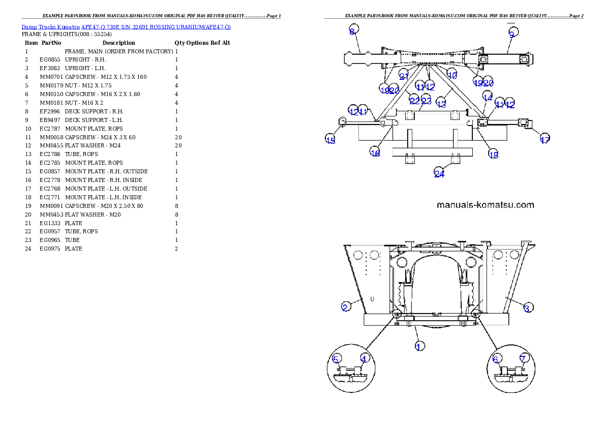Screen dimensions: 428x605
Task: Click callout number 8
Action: click(x=352, y=32)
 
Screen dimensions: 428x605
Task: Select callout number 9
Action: click(x=511, y=34)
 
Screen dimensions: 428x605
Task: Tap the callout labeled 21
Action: click(x=404, y=76)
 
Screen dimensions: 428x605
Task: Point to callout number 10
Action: click(x=452, y=75)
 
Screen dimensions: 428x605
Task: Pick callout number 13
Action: click(x=441, y=104)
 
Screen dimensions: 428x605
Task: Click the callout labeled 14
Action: click(x=488, y=97)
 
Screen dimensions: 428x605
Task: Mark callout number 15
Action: click(x=330, y=140)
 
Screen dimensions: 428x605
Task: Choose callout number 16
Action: click(x=375, y=152)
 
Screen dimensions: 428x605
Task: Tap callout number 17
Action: click(x=544, y=140)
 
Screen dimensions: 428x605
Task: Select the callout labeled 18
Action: click(x=493, y=155)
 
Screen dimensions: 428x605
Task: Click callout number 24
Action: click(x=439, y=174)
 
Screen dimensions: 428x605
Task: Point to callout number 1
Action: click(x=419, y=346)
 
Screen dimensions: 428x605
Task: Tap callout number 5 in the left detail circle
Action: click(x=336, y=359)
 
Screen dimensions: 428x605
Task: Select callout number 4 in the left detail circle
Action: click(x=364, y=358)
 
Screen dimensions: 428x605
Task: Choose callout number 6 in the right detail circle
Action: click(x=496, y=358)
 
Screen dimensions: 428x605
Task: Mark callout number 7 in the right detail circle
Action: click(x=523, y=358)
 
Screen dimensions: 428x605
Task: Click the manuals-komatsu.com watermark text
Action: click(x=486, y=205)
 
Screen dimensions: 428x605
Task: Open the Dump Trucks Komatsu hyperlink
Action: click(x=126, y=26)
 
